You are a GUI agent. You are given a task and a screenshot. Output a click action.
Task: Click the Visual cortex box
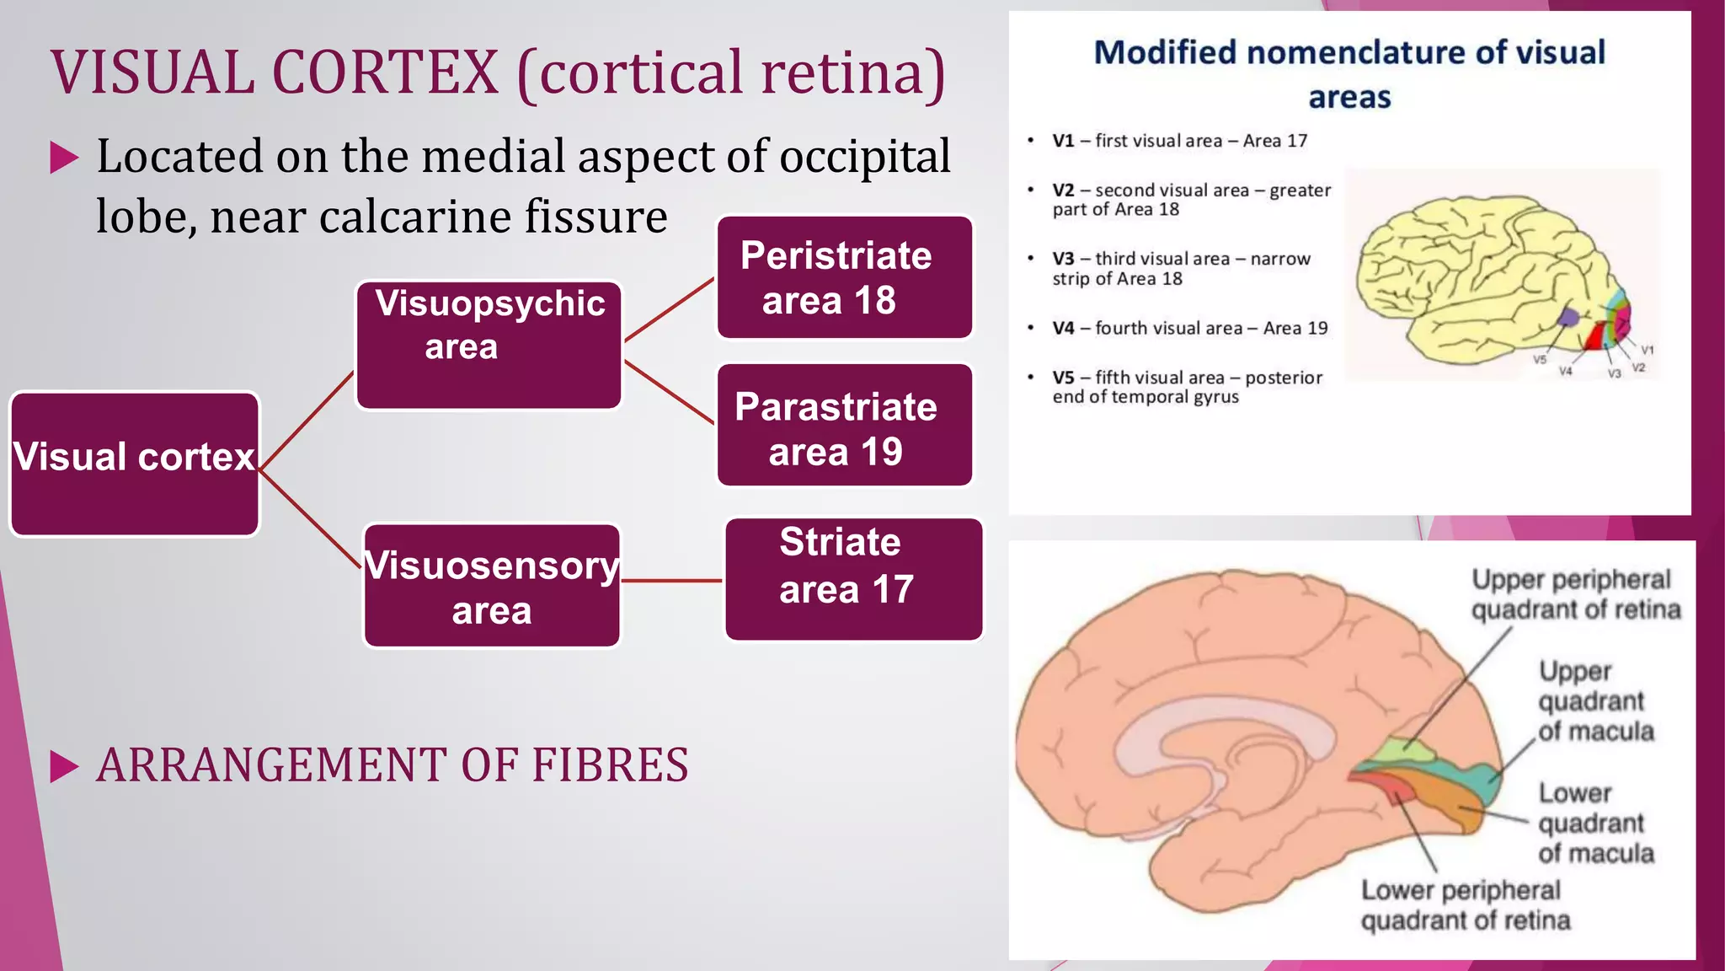point(135,464)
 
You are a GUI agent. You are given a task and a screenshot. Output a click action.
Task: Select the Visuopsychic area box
point(489,346)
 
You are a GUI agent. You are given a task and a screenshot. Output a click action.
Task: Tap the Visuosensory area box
point(492,586)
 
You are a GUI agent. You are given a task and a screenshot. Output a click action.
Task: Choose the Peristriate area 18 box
point(844,277)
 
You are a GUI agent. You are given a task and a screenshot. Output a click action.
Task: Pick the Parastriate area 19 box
point(844,425)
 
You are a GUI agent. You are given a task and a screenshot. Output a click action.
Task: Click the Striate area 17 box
point(853,579)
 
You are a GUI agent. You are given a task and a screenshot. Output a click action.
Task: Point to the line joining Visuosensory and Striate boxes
point(672,581)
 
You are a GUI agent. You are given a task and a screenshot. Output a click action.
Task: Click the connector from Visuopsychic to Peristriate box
point(670,310)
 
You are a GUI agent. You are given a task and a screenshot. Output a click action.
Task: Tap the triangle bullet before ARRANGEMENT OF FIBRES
point(64,766)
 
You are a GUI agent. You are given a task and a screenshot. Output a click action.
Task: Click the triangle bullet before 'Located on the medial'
point(64,158)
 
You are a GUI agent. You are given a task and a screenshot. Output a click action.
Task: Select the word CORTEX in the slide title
point(385,72)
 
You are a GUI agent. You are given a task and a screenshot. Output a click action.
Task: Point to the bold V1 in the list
point(1063,141)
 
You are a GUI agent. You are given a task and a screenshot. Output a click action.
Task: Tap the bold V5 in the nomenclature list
point(1063,378)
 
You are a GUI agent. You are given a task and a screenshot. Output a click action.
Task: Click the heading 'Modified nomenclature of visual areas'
point(1349,74)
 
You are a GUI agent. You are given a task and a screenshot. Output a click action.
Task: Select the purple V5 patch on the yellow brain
point(1567,318)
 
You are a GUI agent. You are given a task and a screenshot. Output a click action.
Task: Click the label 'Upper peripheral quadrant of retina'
point(1575,594)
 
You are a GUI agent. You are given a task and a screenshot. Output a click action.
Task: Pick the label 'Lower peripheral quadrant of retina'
point(1466,905)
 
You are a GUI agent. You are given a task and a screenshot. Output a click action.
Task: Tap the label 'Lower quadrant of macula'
point(1595,823)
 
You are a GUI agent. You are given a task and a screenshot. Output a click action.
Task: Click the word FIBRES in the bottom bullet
point(609,765)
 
